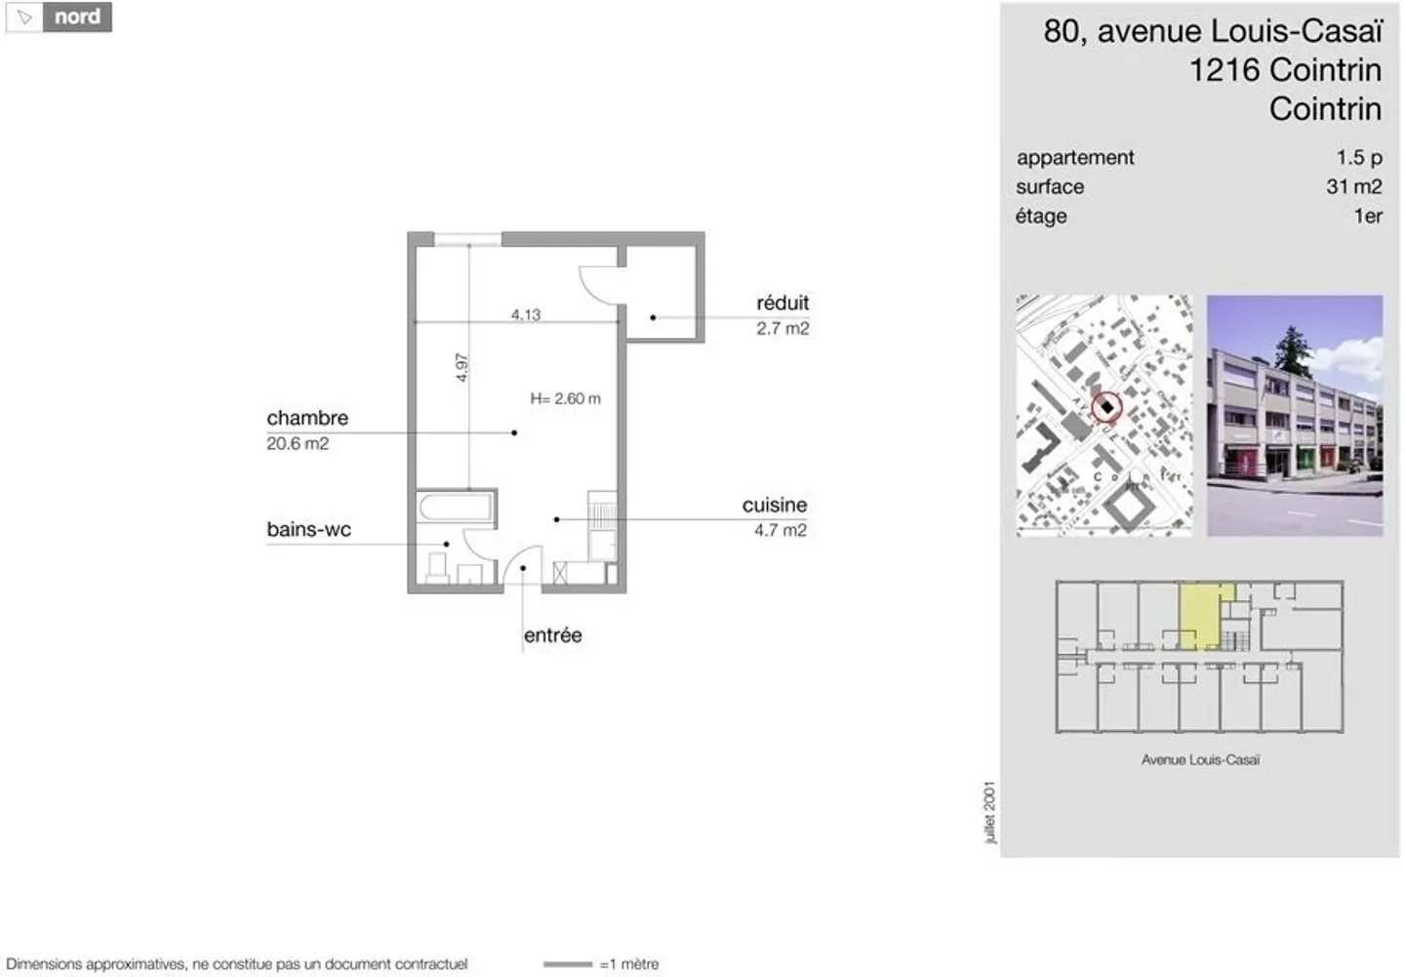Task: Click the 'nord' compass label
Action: (76, 18)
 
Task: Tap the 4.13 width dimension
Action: (525, 314)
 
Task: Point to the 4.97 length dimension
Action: (462, 367)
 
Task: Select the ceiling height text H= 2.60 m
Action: (565, 398)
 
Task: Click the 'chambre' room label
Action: (307, 418)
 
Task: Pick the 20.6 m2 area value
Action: (298, 443)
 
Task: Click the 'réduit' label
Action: (783, 303)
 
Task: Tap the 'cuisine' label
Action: (774, 505)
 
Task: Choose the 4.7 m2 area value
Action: (780, 530)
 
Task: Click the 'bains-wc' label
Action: (308, 529)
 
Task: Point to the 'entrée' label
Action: (552, 635)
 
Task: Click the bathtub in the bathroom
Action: (456, 508)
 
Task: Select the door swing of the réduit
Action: (597, 284)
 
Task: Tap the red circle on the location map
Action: (1106, 407)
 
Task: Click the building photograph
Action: (1294, 416)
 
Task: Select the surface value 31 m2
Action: (1353, 186)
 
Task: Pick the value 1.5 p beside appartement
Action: (1358, 157)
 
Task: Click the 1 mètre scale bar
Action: (568, 964)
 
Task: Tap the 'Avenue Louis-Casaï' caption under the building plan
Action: (1200, 759)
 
